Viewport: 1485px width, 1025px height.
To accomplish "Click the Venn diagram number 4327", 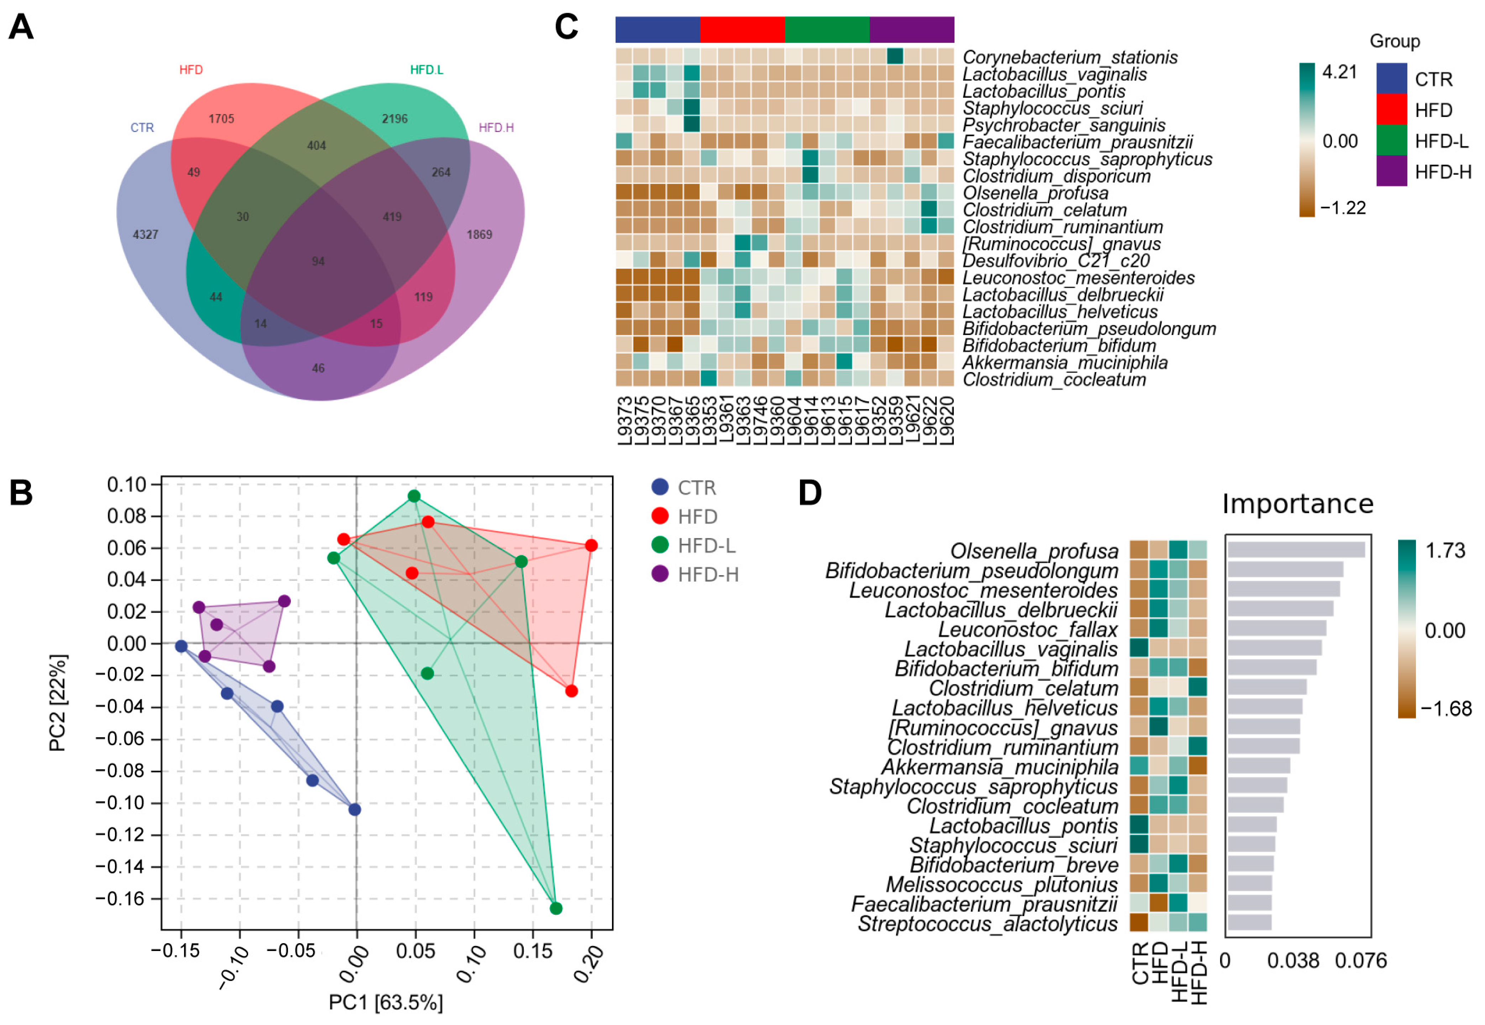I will tap(145, 235).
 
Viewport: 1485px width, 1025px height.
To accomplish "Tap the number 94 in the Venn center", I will tap(318, 261).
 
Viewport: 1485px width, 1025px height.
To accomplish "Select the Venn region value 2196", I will tap(394, 119).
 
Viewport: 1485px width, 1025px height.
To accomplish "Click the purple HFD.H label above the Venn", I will tap(496, 128).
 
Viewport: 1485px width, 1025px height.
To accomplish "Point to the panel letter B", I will tap(21, 493).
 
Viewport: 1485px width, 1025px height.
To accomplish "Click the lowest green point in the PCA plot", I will tap(556, 908).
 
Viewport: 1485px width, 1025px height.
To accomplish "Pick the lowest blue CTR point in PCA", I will tap(355, 809).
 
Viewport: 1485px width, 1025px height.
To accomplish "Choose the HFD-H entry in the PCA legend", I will tap(708, 574).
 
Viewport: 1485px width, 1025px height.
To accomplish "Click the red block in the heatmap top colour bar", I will tap(742, 30).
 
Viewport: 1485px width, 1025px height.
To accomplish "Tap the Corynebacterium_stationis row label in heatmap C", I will tap(1070, 57).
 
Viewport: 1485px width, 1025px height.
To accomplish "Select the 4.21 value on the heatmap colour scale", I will tap(1339, 72).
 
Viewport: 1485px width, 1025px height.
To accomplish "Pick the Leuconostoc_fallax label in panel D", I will tap(1028, 629).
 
